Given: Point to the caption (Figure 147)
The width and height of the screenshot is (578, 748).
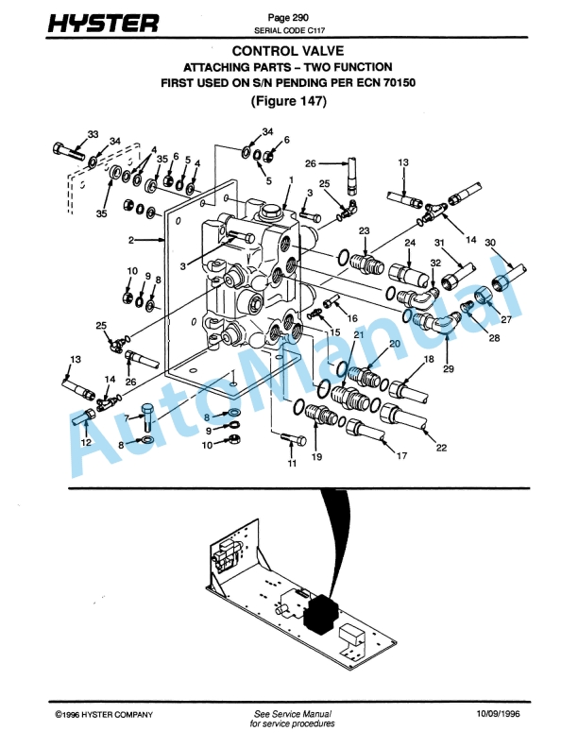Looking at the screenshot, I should (288, 102).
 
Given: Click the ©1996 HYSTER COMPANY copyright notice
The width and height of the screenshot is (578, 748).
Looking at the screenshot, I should (104, 714).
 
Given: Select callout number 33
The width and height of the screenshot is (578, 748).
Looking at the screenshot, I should (93, 133).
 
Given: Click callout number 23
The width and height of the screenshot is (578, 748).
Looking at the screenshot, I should (364, 230).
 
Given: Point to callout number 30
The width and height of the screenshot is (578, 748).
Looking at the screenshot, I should (490, 242).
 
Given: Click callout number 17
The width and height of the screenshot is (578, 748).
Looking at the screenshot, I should (401, 456).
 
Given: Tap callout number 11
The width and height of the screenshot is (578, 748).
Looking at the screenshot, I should (292, 465).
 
